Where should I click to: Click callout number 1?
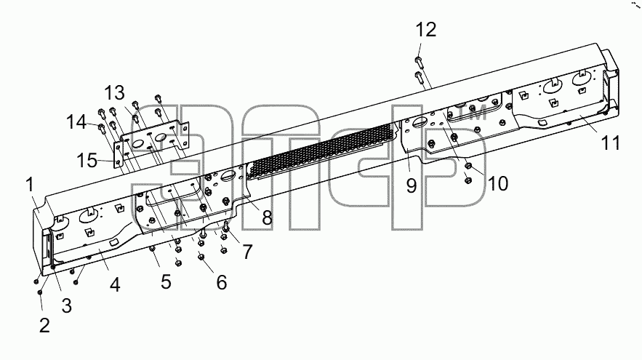tap(30, 185)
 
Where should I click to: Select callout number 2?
tap(44, 325)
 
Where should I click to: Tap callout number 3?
tap(66, 305)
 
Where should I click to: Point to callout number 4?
tap(115, 284)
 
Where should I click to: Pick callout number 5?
tap(166, 281)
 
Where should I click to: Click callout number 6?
tap(222, 283)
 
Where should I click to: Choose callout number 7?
tap(247, 252)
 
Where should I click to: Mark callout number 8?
tap(267, 217)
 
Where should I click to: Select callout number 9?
tap(412, 185)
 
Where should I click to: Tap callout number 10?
tap(498, 184)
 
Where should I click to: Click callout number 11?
tap(611, 143)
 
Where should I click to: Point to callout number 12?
tap(426, 30)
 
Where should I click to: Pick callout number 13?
tap(114, 93)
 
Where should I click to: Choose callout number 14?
tap(76, 122)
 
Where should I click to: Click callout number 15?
tap(87, 160)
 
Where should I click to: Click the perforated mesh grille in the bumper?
tap(320, 152)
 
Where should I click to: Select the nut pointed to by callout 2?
tap(40, 292)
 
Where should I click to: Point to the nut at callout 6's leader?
tap(201, 257)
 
